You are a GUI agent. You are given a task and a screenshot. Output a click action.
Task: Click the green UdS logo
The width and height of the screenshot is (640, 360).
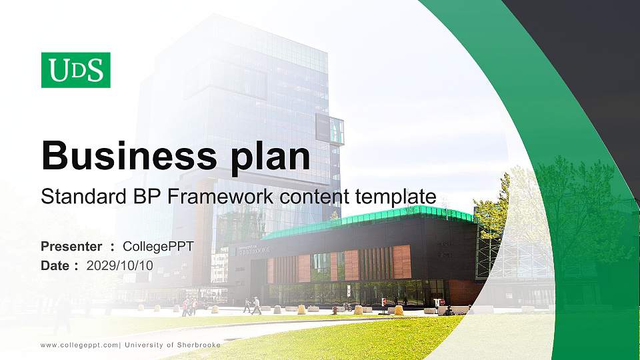click(75, 70)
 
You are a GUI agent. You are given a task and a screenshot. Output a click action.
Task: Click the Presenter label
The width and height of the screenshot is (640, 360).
click(71, 247)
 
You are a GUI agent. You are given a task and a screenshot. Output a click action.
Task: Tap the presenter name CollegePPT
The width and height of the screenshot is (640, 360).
click(159, 247)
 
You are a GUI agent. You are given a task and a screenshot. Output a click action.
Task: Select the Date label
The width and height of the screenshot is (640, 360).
click(55, 265)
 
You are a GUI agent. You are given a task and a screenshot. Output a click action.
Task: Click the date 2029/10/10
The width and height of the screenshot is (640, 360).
click(120, 265)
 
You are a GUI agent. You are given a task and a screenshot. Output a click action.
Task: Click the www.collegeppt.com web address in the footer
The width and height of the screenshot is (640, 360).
click(79, 345)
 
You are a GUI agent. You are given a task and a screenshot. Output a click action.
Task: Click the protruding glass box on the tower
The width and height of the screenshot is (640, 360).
click(330, 128)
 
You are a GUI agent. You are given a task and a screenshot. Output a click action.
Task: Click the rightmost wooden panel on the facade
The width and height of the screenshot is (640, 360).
click(402, 261)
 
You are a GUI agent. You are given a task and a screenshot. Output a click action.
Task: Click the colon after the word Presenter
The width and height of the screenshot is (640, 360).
click(113, 247)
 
